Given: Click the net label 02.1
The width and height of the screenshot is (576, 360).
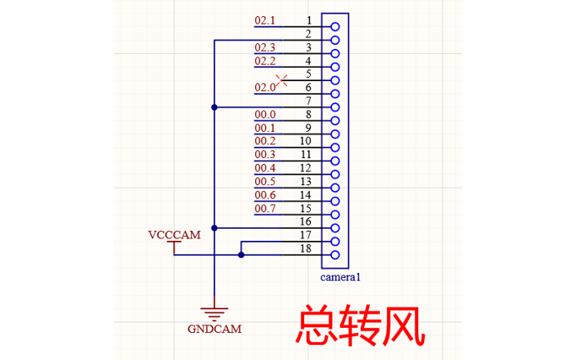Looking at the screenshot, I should click(x=265, y=19).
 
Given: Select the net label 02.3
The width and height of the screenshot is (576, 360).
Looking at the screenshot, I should click(x=265, y=47).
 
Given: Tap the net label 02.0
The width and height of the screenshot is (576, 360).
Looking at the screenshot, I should click(x=265, y=87).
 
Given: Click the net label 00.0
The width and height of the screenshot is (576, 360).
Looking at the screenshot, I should click(x=265, y=114).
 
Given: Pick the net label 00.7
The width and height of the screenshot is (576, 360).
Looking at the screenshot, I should click(x=265, y=208).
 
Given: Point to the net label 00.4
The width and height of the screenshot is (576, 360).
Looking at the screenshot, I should click(x=265, y=168).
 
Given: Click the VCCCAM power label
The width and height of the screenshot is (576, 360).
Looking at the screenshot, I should click(x=174, y=235).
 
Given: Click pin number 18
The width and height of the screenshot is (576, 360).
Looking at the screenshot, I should click(x=306, y=248).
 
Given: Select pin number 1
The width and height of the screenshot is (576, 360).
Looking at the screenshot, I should click(x=309, y=19).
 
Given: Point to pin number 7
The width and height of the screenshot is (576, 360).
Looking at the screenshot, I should click(x=309, y=101).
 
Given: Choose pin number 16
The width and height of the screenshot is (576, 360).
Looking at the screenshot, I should click(x=306, y=221).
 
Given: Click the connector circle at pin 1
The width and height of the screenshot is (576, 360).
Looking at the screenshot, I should click(x=335, y=26).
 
